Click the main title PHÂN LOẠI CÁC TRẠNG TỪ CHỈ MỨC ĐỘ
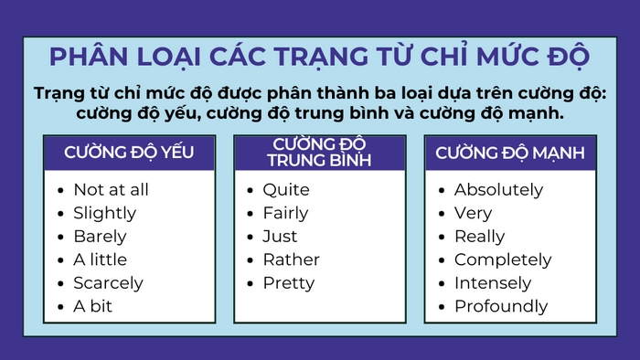pos(319,57)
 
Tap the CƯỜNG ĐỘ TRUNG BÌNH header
pos(319,153)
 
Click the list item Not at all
pos(111,190)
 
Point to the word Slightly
pos(104,213)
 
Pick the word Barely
pos(100,237)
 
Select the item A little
pos(101,259)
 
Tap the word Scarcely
pos(108,283)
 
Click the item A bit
pos(92,306)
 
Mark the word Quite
pos(286,190)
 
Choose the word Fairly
pos(286,213)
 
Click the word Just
pos(281,237)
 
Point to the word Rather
pos(291,259)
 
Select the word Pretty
pos(289,283)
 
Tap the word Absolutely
pos(498,190)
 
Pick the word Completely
pos(503,259)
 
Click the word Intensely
pos(493,283)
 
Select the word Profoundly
pos(501,306)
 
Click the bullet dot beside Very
pos(442,214)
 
